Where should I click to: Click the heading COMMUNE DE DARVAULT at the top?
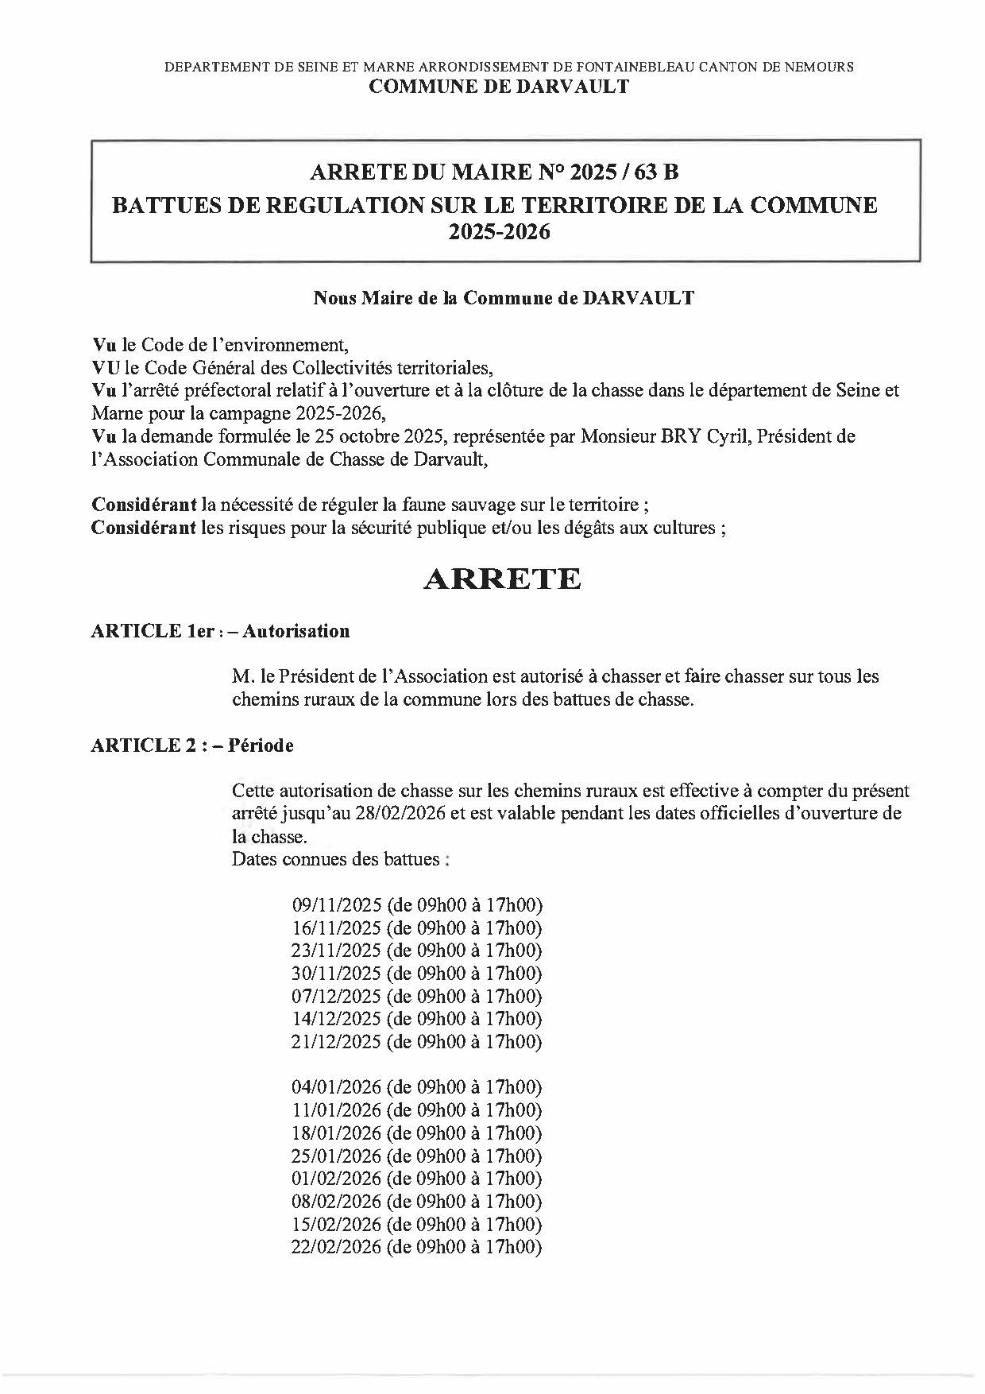[499, 87]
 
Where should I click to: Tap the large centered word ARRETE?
[502, 579]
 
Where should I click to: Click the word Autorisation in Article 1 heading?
[296, 631]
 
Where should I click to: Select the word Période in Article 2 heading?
[261, 745]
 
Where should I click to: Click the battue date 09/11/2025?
[337, 905]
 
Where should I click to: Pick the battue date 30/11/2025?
[337, 974]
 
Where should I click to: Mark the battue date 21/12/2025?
[337, 1042]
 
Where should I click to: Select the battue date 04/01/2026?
[337, 1087]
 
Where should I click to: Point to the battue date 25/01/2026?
[337, 1156]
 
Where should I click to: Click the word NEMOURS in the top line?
[821, 68]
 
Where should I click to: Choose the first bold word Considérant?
[144, 505]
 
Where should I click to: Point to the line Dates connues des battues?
[342, 859]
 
